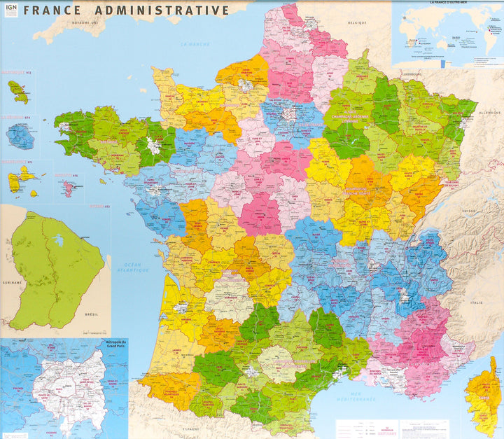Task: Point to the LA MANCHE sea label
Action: (x=195, y=44)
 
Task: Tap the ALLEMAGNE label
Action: (x=489, y=112)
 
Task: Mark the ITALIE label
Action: (x=476, y=302)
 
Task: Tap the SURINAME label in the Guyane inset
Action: (x=12, y=283)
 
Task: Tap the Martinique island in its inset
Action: (x=17, y=91)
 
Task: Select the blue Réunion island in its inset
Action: (x=20, y=137)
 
